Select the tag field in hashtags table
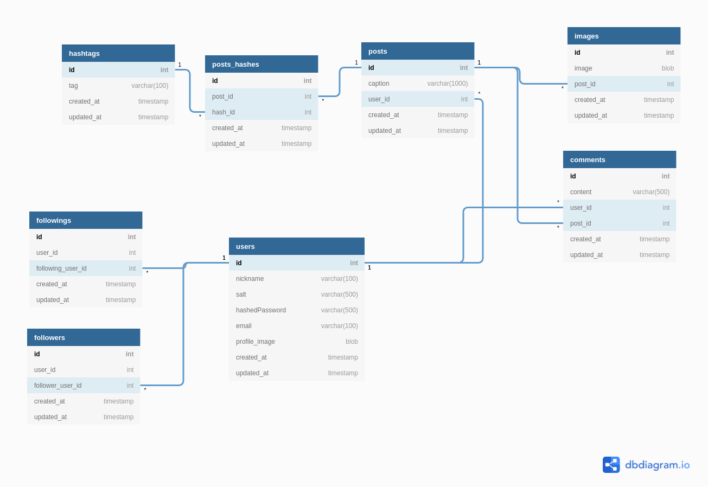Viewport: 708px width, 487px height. tap(73, 86)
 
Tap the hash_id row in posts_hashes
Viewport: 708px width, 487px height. tap(224, 112)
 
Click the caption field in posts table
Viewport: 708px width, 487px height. tap(379, 84)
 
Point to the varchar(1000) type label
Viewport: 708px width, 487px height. tap(447, 84)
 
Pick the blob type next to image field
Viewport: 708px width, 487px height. tap(667, 68)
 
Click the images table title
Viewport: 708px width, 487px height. tap(586, 36)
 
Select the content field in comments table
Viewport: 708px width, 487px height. tap(581, 192)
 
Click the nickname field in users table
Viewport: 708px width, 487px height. tap(250, 279)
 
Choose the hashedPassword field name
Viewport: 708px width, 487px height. tap(260, 310)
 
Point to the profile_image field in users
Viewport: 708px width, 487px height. tap(255, 342)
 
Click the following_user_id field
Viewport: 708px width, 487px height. tap(61, 268)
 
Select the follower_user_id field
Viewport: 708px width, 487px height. tap(58, 386)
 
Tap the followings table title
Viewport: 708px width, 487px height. tap(54, 220)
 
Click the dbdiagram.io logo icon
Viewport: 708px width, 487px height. tap(611, 465)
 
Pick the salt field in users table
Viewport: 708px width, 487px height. tap(241, 294)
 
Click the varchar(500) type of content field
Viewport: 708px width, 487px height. tap(650, 192)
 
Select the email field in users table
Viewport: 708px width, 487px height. tap(244, 326)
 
